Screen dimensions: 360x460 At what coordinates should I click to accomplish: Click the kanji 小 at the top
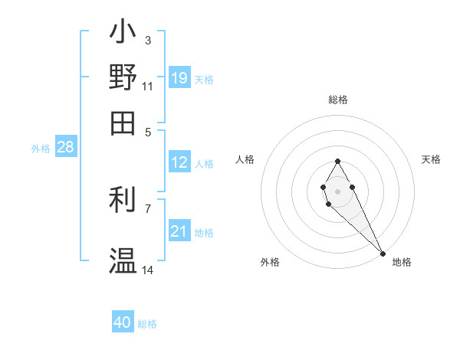coord(123,34)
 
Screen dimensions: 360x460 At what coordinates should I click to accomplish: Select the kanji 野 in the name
coord(123,77)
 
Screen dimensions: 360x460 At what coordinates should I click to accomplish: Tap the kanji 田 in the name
coord(123,123)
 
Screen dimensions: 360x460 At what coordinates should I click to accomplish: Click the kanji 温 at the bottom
coord(123,260)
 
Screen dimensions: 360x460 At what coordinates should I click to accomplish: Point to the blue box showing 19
coord(179,77)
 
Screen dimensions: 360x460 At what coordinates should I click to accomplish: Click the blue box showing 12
coord(179,162)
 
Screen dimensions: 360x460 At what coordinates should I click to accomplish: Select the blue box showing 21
coord(179,231)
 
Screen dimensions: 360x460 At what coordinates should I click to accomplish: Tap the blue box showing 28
coord(65,148)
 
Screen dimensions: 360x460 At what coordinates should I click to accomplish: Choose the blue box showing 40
coord(123,322)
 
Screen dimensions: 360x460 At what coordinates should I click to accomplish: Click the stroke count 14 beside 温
coord(147,270)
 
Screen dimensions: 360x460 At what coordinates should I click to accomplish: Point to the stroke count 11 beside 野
coord(147,86)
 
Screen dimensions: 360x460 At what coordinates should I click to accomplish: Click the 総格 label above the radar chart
coord(337,100)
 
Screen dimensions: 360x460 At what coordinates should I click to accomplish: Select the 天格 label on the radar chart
coord(431,159)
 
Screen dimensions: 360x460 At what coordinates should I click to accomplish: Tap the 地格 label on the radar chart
coord(402,262)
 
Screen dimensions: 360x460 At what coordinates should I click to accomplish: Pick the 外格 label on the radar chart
coord(270,262)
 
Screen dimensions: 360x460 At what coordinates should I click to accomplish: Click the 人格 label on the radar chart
coord(245,159)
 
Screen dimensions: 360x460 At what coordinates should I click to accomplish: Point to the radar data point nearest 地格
coord(383,253)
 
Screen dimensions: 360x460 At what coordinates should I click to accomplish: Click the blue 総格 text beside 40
coord(147,324)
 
